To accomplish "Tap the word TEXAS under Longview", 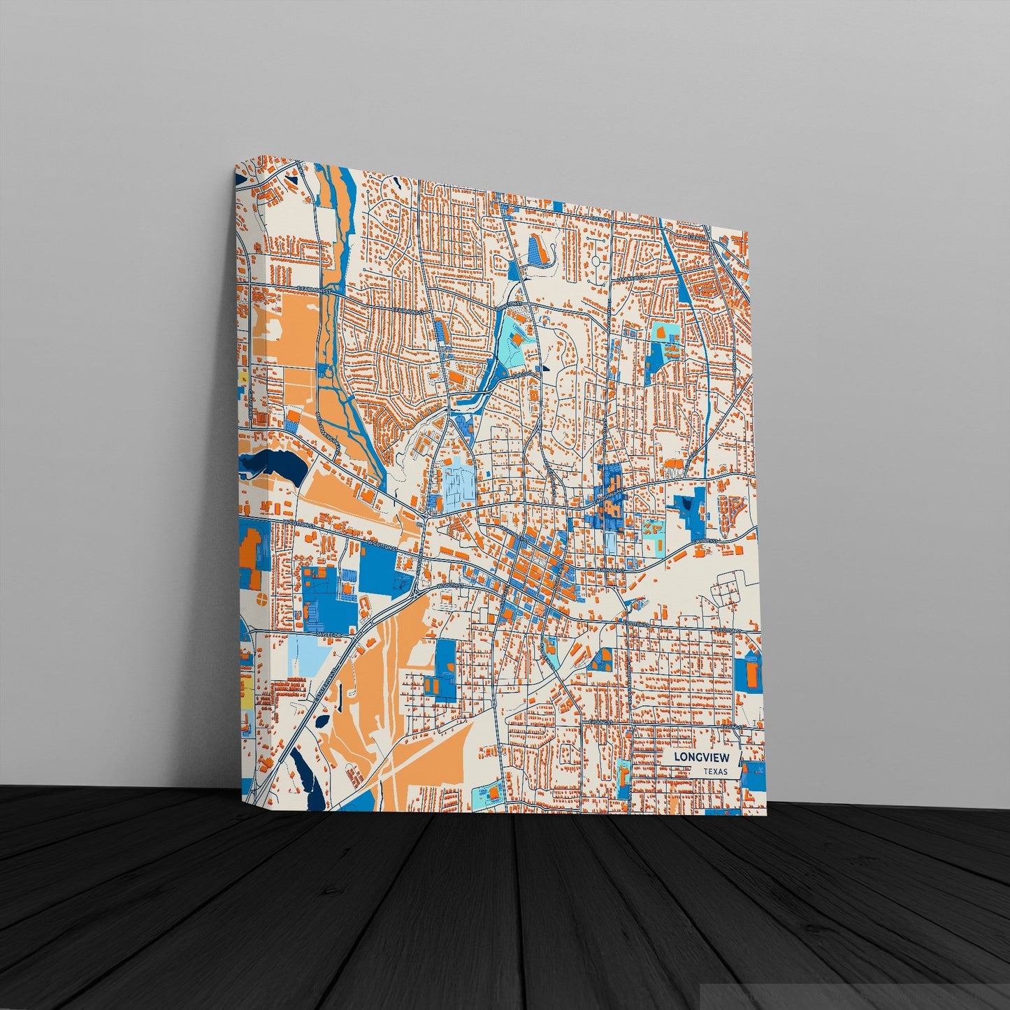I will coord(715,772).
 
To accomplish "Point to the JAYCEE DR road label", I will coord(326,634).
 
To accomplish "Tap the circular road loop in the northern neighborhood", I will coord(596,261).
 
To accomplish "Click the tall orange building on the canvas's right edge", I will coord(751,673).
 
